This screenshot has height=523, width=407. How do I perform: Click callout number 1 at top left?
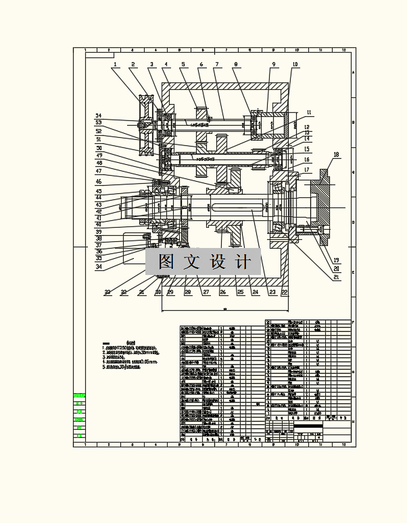(x=116, y=65)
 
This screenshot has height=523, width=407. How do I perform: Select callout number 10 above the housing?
(x=295, y=65)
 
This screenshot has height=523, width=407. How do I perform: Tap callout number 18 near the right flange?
(x=336, y=155)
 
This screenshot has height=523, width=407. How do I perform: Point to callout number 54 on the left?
(x=99, y=116)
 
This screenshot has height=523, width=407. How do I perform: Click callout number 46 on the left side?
(x=99, y=182)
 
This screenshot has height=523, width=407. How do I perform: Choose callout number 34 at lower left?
(x=99, y=266)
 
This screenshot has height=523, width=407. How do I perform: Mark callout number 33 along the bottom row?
(x=107, y=293)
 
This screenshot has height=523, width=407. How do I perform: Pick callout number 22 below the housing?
(x=285, y=292)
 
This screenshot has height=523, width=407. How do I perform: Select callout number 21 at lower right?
(x=336, y=276)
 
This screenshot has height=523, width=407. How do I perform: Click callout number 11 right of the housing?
(x=309, y=112)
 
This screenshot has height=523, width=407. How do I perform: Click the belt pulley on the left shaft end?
(x=145, y=124)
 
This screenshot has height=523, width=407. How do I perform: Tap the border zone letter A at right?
(x=353, y=74)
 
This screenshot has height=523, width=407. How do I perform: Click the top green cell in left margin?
(x=79, y=396)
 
